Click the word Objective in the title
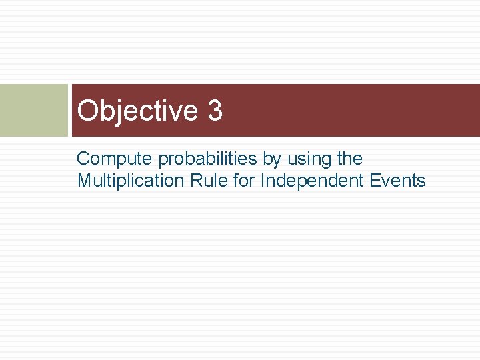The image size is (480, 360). click(137, 111)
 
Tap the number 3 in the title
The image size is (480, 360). click(215, 111)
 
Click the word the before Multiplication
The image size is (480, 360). click(349, 159)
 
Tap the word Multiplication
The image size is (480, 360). click(129, 181)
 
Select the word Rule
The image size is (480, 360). click(205, 181)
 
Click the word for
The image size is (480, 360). click(243, 181)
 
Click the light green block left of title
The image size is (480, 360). click(33, 110)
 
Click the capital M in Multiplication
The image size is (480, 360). click(85, 181)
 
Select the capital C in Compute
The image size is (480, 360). click(83, 159)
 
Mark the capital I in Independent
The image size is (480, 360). click(263, 181)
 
